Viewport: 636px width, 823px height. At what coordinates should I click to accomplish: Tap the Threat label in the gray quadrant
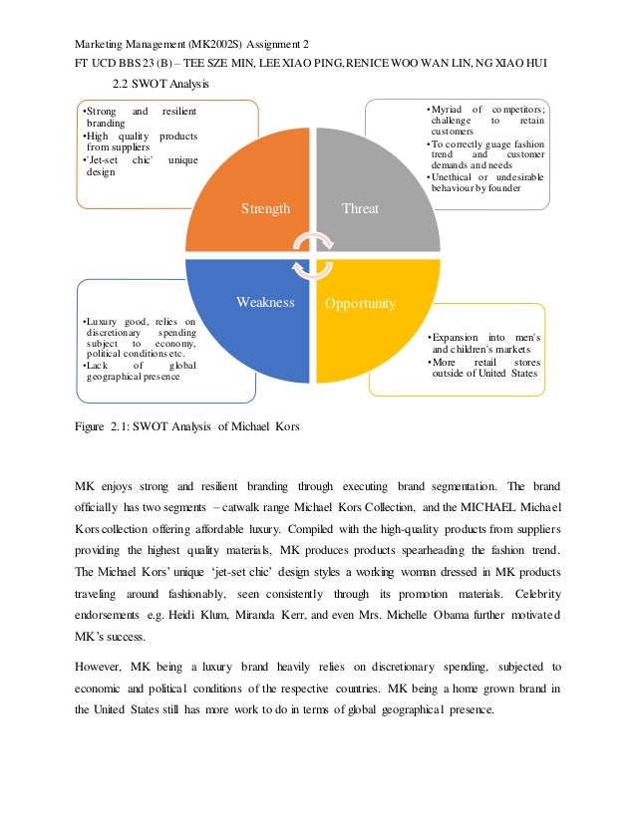[360, 209]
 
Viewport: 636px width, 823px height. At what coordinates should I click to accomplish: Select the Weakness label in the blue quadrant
[264, 302]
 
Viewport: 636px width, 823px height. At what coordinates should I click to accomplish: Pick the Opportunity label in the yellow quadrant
[361, 303]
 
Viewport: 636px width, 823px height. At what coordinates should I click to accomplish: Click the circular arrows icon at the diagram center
[312, 255]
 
